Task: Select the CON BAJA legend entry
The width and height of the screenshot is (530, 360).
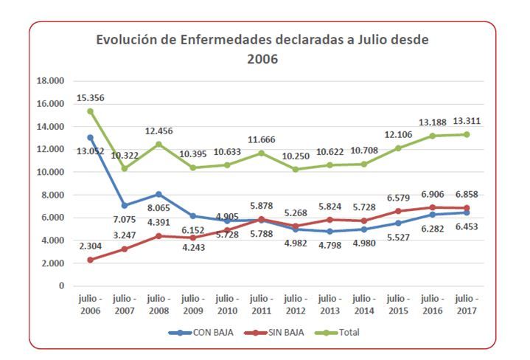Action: tap(201, 333)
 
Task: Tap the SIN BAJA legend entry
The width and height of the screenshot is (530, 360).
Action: tap(273, 333)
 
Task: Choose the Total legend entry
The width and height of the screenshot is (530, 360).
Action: tap(337, 333)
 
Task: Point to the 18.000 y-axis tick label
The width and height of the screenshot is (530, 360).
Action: tap(50, 81)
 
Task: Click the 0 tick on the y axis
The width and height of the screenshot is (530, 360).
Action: tap(61, 286)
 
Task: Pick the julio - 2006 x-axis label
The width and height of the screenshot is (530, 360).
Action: tap(90, 305)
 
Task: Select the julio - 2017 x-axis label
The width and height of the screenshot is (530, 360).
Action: tap(467, 305)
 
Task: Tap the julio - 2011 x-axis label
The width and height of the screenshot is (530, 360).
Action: tap(261, 305)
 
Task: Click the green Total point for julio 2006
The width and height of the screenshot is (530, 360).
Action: tap(90, 111)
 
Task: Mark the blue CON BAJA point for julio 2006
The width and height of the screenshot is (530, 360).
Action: tap(90, 137)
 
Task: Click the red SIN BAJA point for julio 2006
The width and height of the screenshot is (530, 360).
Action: tap(90, 260)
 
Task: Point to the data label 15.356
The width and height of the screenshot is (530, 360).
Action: tap(90, 98)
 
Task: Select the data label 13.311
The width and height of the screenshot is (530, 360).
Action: tap(467, 121)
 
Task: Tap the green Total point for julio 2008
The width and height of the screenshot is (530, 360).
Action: tap(158, 145)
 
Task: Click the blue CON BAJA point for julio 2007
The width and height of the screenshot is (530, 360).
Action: tap(125, 205)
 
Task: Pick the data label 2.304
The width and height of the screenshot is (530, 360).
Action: tap(90, 246)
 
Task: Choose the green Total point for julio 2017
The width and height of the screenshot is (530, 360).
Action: tap(467, 134)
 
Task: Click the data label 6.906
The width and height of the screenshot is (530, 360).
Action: tap(432, 195)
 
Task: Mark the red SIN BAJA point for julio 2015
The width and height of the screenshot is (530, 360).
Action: tap(398, 211)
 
